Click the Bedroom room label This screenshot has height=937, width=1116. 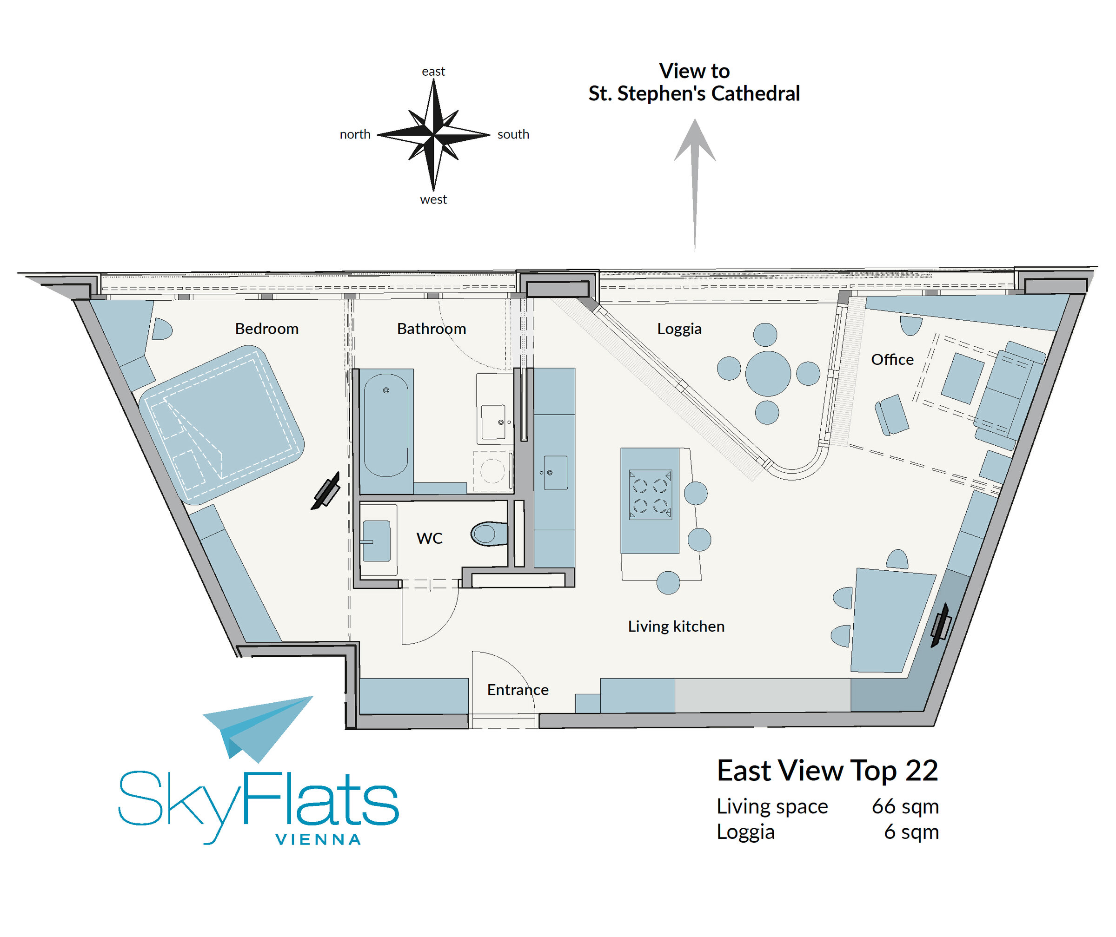[267, 329]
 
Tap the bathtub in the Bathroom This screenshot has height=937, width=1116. [386, 425]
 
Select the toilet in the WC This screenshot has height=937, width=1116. [489, 534]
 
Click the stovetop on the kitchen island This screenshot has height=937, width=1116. [651, 494]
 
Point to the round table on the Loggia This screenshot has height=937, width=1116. [768, 373]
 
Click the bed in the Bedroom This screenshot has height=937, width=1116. [222, 424]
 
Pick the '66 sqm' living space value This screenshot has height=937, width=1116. [905, 806]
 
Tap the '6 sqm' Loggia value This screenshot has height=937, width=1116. [911, 832]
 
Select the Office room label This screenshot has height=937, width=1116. [892, 360]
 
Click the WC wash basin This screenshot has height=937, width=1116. [376, 541]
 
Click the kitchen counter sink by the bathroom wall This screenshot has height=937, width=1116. [555, 473]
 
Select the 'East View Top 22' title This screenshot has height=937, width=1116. [827, 771]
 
